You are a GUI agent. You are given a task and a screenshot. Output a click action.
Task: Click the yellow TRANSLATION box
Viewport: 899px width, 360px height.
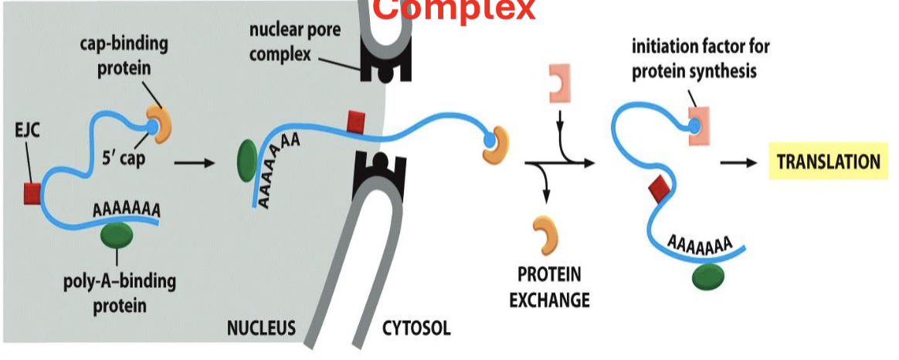[x=828, y=162]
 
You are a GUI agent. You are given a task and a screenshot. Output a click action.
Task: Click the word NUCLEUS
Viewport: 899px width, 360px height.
[x=261, y=328]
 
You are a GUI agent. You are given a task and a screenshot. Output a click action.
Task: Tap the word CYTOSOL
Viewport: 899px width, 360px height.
[x=417, y=328]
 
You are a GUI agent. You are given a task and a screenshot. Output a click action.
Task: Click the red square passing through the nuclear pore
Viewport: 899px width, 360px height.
[x=356, y=121]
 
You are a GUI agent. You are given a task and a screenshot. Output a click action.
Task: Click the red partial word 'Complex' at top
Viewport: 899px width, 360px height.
[x=456, y=9]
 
